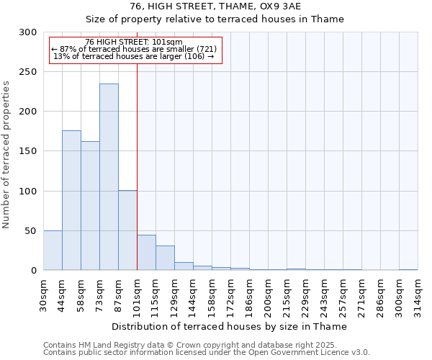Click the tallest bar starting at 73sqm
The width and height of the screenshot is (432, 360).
109,177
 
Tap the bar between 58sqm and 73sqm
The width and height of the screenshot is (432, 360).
90,205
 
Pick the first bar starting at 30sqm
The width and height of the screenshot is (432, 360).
53,251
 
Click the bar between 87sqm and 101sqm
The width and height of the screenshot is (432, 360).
127,230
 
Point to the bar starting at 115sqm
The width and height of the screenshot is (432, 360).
165,258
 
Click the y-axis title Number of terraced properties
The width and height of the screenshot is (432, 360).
7,155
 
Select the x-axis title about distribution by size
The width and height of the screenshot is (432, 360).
230,326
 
